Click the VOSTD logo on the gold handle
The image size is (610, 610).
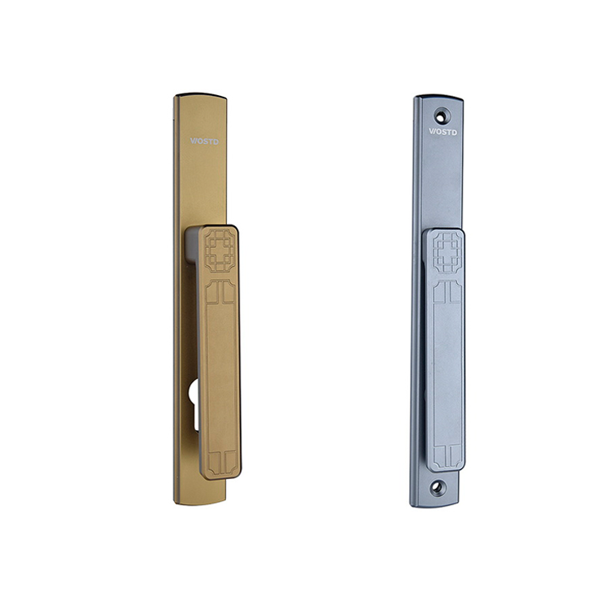coord(204,142)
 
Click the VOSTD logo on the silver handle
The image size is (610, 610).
coord(442,132)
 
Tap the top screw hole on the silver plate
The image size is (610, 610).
coord(441,116)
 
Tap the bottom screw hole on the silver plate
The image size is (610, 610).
coord(437,486)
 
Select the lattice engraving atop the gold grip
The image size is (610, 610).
coord(220,251)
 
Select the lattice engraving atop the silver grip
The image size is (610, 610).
coord(447,251)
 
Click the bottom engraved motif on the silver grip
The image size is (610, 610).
coord(448,456)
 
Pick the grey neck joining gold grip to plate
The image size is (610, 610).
coord(191,245)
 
